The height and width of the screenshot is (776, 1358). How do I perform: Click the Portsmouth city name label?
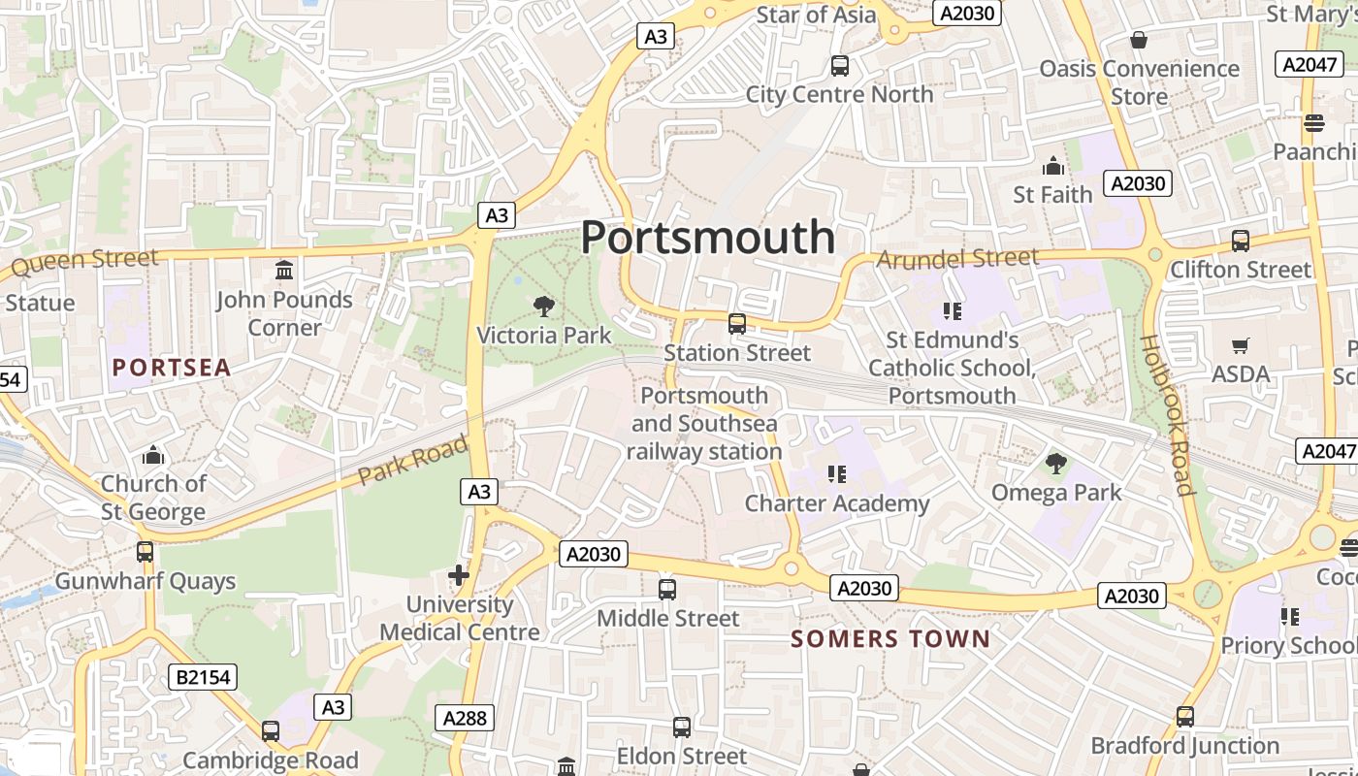click(707, 238)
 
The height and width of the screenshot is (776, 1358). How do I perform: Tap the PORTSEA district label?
click(172, 368)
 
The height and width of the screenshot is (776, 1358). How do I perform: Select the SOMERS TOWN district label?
click(890, 638)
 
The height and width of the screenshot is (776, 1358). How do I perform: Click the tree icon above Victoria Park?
click(544, 307)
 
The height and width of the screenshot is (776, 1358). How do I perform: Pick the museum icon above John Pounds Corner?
click(284, 270)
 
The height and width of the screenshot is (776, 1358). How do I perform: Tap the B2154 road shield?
click(205, 676)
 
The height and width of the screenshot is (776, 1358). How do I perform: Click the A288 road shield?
click(466, 718)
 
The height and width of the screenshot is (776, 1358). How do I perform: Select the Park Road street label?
click(412, 461)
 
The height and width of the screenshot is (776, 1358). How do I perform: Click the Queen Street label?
click(84, 260)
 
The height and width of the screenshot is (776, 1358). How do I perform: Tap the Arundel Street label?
click(957, 258)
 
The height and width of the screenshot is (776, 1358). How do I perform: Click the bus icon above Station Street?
click(737, 324)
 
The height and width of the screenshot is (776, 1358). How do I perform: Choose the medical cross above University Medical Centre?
click(459, 575)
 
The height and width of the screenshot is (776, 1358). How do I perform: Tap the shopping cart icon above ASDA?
click(1240, 345)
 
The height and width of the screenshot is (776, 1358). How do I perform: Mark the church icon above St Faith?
click(1052, 166)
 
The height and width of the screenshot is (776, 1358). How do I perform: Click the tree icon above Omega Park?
click(1055, 464)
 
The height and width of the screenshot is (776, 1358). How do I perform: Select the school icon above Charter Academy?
click(837, 474)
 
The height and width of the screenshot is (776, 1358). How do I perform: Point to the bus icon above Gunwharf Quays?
click(145, 552)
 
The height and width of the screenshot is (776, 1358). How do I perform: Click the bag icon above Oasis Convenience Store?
click(1139, 40)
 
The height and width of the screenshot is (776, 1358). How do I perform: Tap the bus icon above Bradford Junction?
click(1185, 717)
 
